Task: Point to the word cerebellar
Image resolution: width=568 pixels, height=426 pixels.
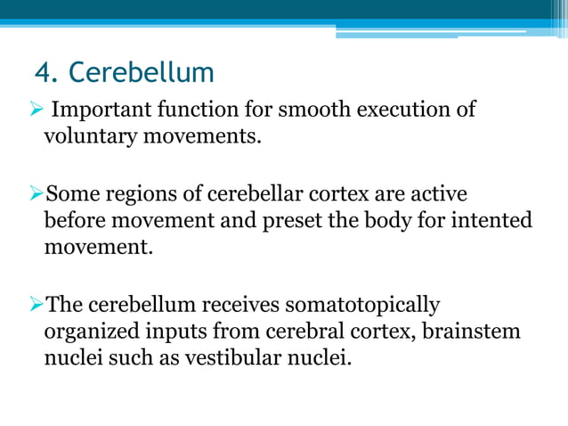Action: coord(252,193)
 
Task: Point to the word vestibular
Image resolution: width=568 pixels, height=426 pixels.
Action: coord(235,360)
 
